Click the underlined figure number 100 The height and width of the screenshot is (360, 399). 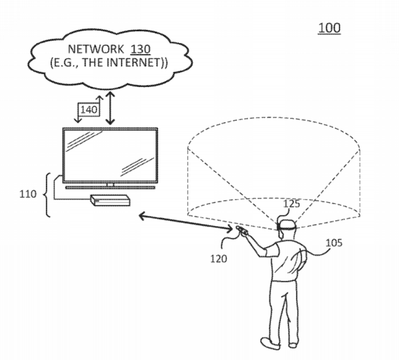click(x=329, y=28)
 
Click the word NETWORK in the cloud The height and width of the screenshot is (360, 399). click(x=96, y=49)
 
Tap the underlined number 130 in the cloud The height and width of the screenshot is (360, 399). click(x=140, y=49)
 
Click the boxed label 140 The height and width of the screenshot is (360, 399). click(x=89, y=109)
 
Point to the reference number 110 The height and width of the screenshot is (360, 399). click(x=28, y=194)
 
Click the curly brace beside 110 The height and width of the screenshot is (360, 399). click(x=47, y=195)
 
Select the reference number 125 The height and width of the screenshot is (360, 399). click(x=292, y=204)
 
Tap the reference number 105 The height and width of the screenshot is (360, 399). click(x=334, y=243)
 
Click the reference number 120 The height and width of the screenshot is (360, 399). click(x=219, y=258)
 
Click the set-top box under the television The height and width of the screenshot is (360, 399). click(x=110, y=200)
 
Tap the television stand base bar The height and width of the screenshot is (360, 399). click(x=110, y=188)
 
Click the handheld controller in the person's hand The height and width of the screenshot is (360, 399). click(x=242, y=230)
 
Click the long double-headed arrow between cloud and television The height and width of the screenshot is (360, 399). click(x=110, y=108)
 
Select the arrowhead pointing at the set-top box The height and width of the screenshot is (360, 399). click(x=142, y=216)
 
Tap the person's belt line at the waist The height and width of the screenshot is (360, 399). click(x=284, y=280)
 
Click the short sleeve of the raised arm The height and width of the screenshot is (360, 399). click(x=271, y=249)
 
